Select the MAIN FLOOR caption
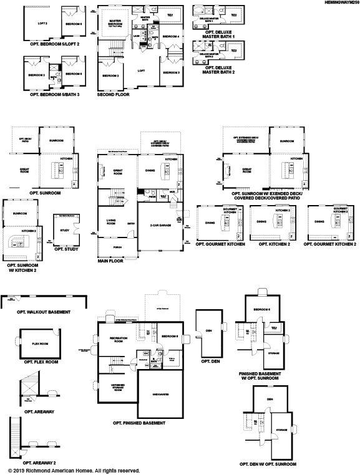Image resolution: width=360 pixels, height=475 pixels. (110, 261)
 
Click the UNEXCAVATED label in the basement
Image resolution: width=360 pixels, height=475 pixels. (161, 394)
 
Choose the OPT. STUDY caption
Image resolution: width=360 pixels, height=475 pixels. (66, 249)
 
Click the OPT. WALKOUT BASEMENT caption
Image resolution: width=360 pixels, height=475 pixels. (37, 312)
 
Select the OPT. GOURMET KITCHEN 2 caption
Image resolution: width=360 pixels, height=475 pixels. (330, 244)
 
